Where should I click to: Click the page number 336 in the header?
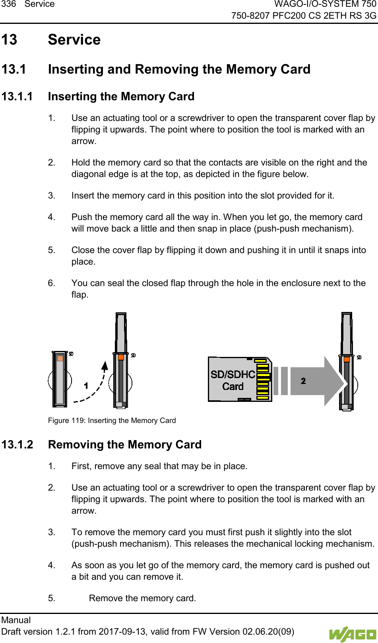(8, 4)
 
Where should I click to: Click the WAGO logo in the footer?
(352, 634)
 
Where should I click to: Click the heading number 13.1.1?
(17, 97)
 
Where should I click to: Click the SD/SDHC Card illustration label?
(233, 380)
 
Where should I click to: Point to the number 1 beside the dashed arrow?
(86, 385)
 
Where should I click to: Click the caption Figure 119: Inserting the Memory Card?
(112, 421)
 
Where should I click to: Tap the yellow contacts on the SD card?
(263, 381)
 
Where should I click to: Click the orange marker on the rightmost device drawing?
(347, 359)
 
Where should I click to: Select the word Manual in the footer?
(16, 620)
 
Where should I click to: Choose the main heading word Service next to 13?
(74, 40)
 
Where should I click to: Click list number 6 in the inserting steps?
(51, 283)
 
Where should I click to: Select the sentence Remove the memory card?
(142, 598)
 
